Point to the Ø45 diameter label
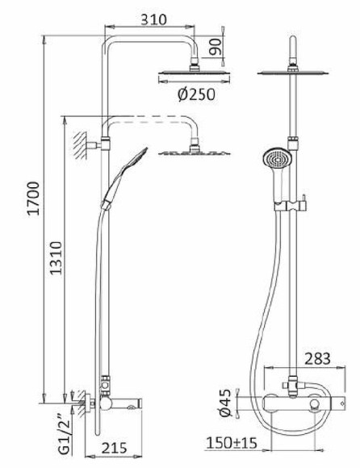click(x=227, y=401)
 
